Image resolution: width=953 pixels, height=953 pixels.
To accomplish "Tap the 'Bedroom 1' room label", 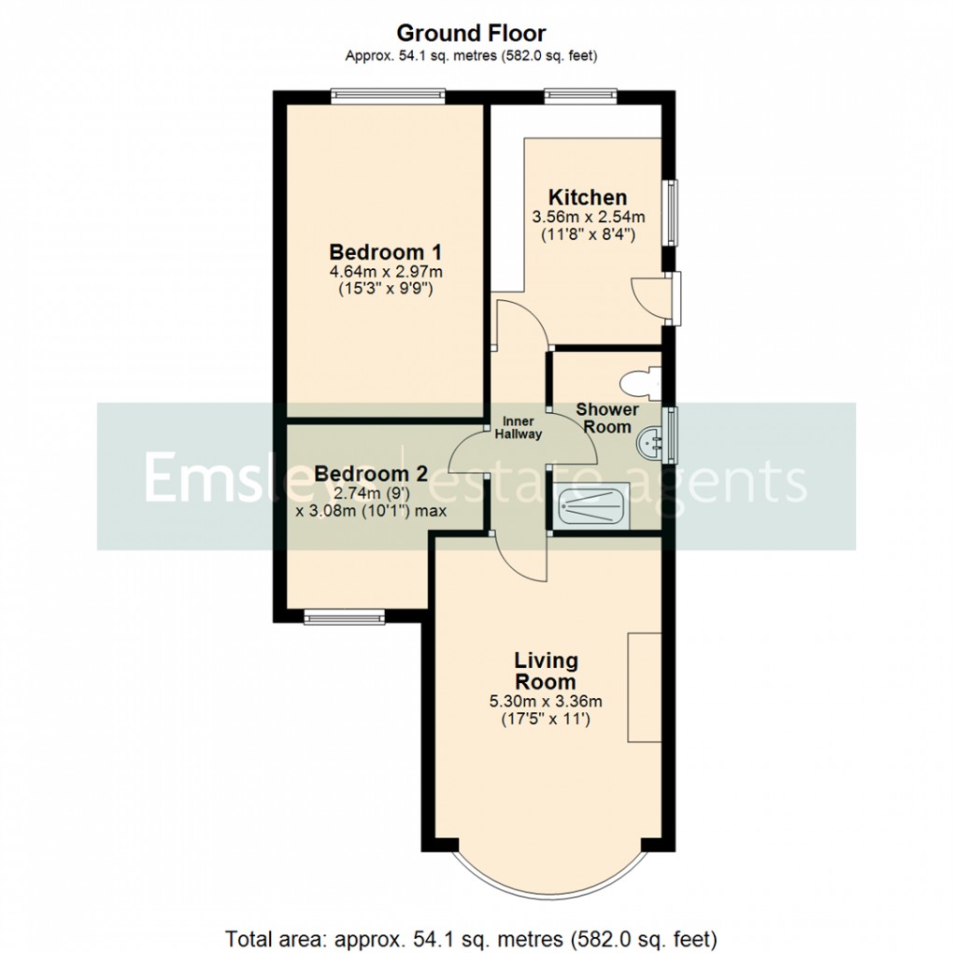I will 386,252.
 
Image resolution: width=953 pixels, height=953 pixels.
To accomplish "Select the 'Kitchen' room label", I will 587,197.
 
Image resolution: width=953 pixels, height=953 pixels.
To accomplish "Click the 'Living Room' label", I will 547,671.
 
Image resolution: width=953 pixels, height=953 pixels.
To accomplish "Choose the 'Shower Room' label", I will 607,418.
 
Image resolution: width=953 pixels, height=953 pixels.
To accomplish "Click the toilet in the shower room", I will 642,382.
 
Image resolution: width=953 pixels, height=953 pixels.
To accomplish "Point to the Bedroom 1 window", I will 387,94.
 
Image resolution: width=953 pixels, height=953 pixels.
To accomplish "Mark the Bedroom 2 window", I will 345,616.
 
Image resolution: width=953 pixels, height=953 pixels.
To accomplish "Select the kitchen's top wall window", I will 580,94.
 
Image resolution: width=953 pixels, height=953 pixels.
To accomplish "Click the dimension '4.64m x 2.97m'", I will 386,272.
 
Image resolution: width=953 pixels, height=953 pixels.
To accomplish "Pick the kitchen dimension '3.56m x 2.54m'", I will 589,218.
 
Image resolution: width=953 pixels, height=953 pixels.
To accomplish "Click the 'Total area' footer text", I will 471,936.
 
